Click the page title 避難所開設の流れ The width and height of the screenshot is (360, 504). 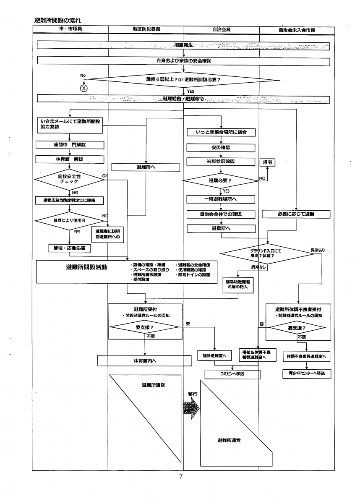(57, 20)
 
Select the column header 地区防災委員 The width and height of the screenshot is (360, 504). (146, 30)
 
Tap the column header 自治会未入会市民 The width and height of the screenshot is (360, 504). (297, 30)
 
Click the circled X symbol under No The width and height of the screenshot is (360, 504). (84, 88)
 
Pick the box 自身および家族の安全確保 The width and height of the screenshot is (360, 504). (183, 61)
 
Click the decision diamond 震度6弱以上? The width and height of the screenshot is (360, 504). (183, 79)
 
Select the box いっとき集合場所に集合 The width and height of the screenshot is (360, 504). (221, 132)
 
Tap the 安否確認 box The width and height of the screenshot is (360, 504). (221, 148)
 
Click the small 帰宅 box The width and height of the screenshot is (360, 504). (268, 162)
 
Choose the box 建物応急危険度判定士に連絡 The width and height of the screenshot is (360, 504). (69, 201)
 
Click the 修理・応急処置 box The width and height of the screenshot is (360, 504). (69, 248)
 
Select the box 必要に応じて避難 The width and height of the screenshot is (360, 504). (296, 214)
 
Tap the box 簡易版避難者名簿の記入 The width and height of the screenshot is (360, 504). (238, 285)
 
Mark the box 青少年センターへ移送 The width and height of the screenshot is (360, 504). (306, 373)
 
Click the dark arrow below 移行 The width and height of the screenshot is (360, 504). (192, 407)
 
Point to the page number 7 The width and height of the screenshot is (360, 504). (181, 476)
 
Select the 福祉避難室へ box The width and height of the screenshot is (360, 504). (214, 355)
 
